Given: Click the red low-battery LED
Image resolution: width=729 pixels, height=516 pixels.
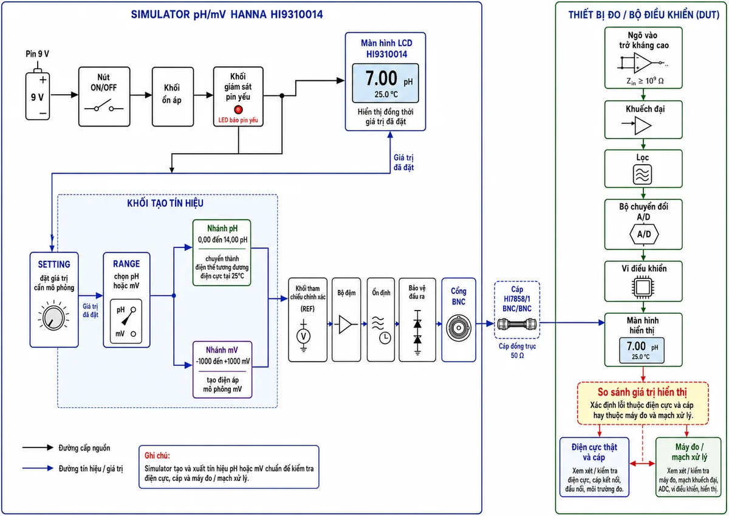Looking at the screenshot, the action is point(238,110).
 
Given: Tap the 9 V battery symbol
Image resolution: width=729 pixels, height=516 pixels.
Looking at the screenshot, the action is point(38,94).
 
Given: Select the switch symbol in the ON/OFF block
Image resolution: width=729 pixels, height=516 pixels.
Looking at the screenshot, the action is point(104,107).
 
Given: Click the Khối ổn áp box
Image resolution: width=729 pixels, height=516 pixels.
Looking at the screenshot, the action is point(173,97).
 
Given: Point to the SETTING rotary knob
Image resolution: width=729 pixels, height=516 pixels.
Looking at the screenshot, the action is point(53,318).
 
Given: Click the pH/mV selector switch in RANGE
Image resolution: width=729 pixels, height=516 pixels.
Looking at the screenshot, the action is point(126,322).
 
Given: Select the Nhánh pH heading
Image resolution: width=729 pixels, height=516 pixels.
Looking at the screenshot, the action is point(222,229).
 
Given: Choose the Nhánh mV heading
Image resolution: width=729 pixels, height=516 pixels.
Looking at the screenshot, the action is point(222,350).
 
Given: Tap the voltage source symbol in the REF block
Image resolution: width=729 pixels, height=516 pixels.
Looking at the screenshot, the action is point(304,336).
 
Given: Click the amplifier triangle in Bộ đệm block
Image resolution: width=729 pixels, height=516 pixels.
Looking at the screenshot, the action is point(345,325).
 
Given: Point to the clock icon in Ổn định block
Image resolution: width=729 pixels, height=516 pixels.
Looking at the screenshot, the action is point(385,338).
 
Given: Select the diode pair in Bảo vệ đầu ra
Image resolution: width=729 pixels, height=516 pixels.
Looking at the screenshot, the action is point(417,332).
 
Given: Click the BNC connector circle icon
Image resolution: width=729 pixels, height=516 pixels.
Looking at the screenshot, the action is point(459,328).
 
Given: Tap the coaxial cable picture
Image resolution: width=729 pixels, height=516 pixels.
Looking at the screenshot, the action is point(517,325).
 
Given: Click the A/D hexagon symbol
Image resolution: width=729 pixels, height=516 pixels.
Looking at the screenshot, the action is point(644,234).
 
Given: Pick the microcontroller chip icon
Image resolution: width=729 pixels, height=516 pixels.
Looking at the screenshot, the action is point(643,287).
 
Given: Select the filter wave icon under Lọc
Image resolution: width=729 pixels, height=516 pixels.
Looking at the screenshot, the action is point(643,174).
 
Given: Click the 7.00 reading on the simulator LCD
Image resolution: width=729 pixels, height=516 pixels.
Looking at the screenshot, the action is point(381,78).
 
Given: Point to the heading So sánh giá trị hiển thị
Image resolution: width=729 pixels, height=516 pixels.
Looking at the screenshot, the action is point(642,392).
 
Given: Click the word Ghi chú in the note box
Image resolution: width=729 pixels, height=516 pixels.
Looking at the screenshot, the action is point(157,455).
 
